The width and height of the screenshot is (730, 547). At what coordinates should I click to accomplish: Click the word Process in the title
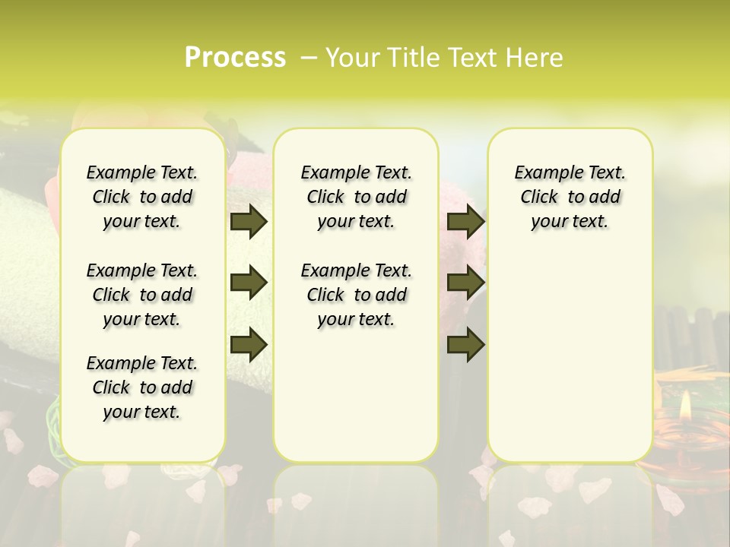point(235,57)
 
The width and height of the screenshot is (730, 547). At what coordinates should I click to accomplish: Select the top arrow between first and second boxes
point(249,222)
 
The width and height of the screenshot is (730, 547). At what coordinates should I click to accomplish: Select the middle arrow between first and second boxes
point(249,283)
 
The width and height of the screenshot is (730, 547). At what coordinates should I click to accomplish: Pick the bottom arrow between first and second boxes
point(249,344)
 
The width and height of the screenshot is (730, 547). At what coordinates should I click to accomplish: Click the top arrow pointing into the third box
point(465,222)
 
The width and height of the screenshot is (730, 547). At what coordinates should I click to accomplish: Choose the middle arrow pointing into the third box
point(465,283)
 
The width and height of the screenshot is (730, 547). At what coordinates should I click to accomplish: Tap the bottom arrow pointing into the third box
point(465,344)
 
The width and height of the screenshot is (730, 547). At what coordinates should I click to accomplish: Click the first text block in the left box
point(141,197)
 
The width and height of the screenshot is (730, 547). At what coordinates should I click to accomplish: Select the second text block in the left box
point(141,295)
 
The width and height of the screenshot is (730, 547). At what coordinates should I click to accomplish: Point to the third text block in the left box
point(141,387)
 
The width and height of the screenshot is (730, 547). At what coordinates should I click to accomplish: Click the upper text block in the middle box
point(356,197)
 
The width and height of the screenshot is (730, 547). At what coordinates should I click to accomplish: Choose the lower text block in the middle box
point(356,295)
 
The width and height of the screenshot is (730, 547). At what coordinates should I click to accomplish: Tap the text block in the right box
point(570,197)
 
